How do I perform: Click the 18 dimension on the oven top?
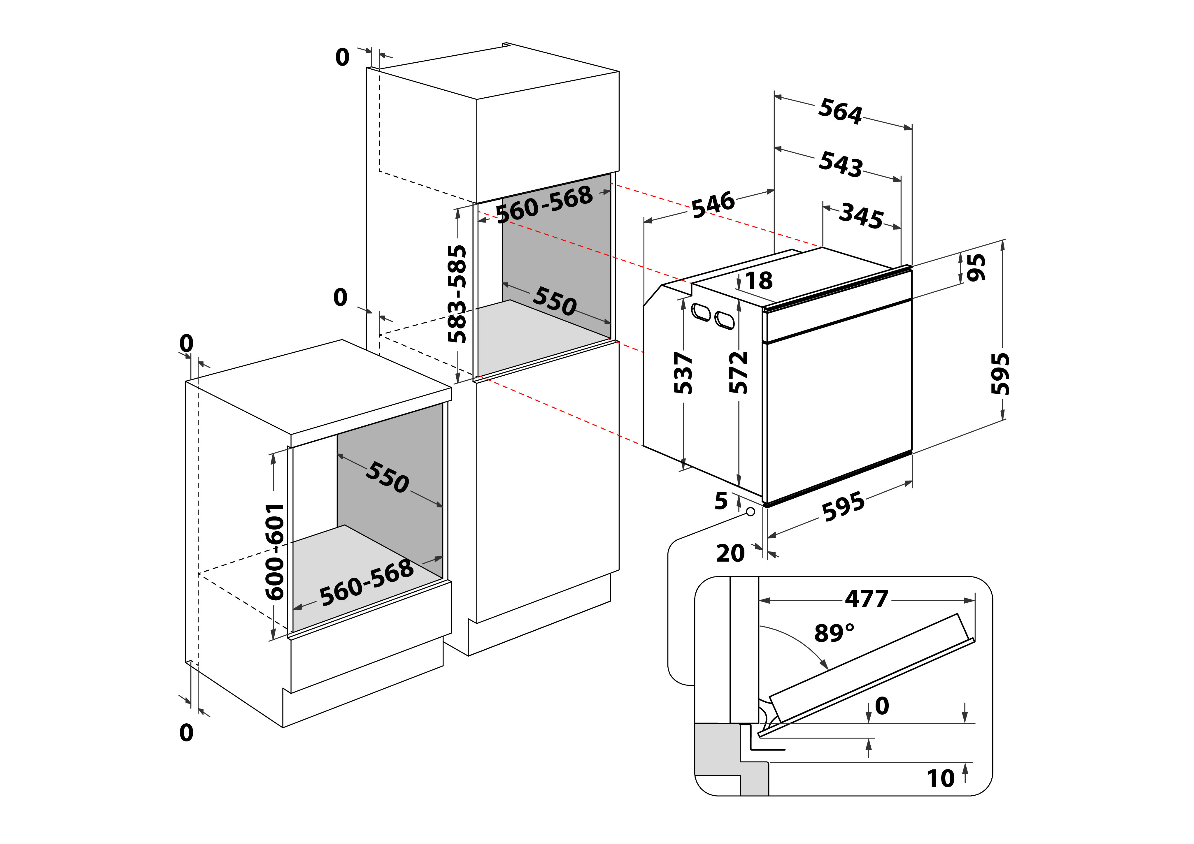click(x=759, y=281)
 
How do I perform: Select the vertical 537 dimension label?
click(x=683, y=373)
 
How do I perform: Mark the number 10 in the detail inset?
click(x=941, y=778)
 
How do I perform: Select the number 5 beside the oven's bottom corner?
click(x=721, y=501)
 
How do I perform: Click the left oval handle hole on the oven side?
click(x=701, y=313)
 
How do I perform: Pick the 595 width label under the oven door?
click(x=843, y=507)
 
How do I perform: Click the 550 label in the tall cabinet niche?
click(x=554, y=301)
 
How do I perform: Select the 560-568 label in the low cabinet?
click(x=367, y=583)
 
